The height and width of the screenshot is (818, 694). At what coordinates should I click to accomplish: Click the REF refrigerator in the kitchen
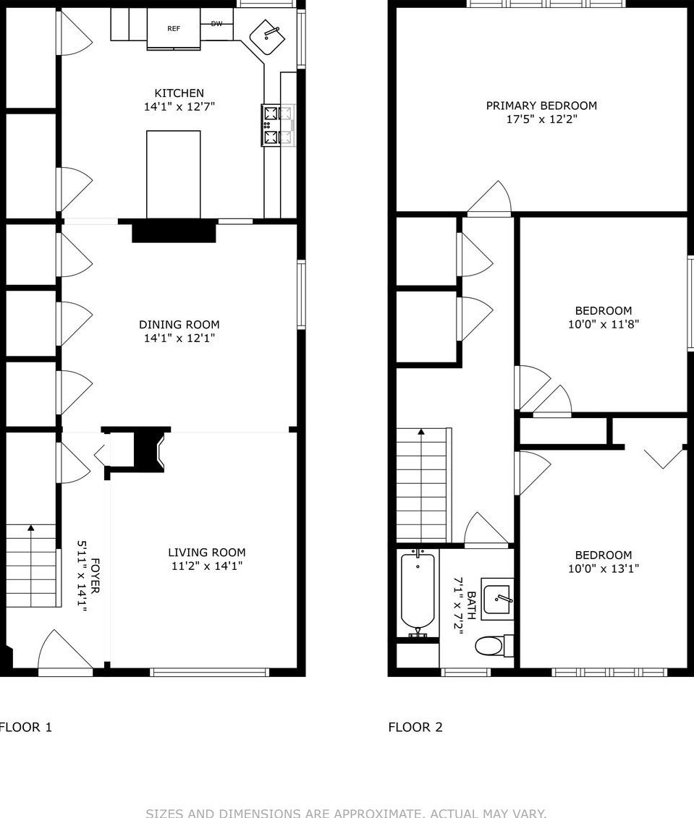174,29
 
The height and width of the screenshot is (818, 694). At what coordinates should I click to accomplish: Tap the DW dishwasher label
216,24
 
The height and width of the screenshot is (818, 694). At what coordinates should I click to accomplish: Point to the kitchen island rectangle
174,174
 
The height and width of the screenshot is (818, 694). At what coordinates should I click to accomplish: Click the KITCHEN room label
179,93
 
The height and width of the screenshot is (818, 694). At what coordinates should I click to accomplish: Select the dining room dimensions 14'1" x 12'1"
179,338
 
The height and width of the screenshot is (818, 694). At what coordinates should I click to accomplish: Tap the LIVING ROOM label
206,553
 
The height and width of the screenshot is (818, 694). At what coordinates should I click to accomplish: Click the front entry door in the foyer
65,655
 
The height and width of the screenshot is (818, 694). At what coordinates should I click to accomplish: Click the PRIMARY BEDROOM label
541,106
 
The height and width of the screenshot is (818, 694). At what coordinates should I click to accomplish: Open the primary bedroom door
489,200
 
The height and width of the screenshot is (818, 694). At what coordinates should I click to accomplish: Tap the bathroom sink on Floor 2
499,599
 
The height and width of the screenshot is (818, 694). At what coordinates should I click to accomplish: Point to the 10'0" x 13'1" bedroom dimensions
604,569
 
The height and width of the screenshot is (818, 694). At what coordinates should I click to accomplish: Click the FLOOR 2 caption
415,727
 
